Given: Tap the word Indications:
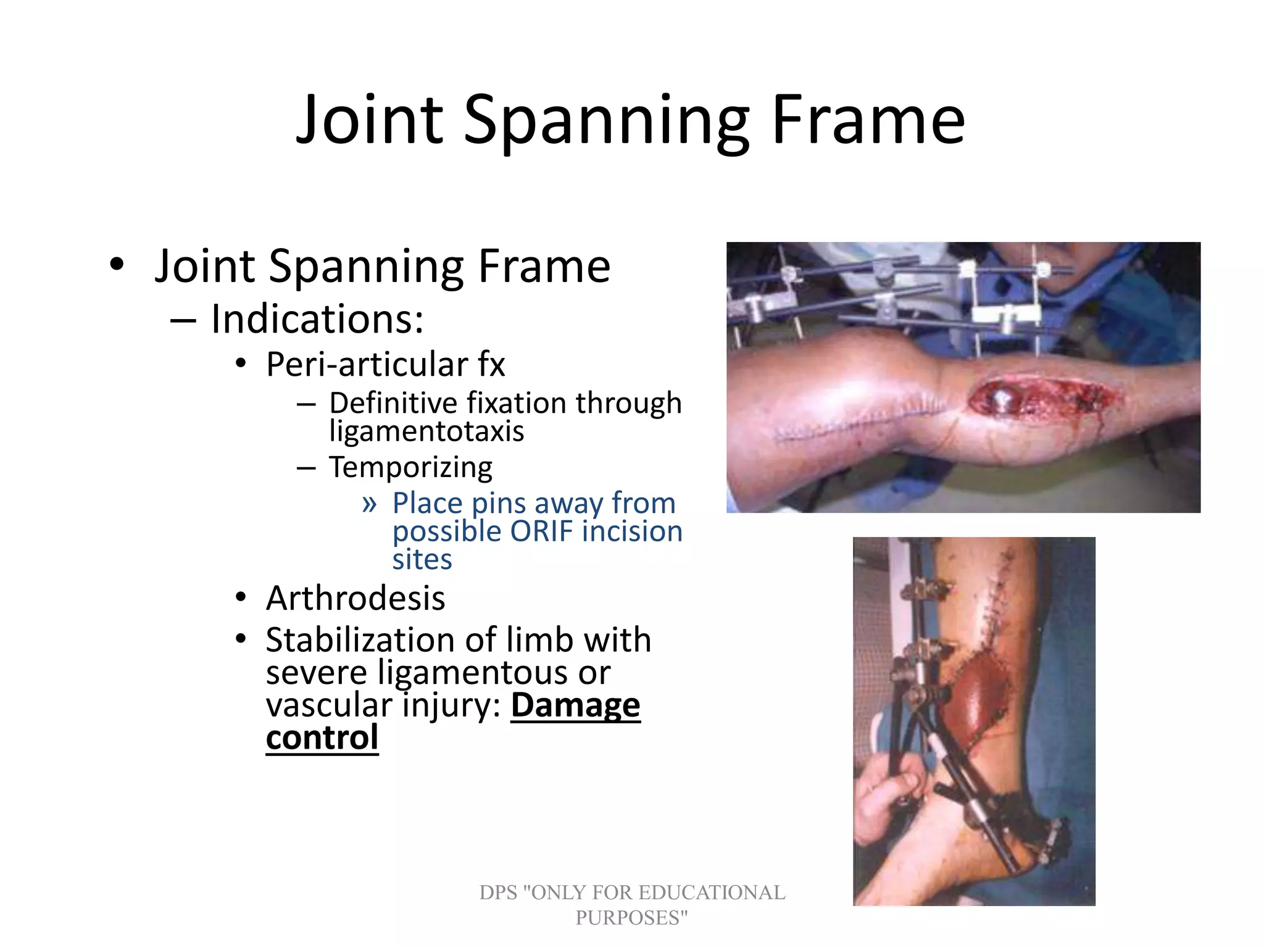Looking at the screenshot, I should pos(317,319).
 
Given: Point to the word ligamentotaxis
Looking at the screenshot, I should pos(426,431).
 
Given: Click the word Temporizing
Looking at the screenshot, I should pos(410,467).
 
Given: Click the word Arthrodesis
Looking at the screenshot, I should pos(355,598).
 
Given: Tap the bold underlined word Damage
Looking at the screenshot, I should pos(575,705).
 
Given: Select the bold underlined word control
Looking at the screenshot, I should pos(322,738).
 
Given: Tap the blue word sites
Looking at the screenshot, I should pos(422,560).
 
